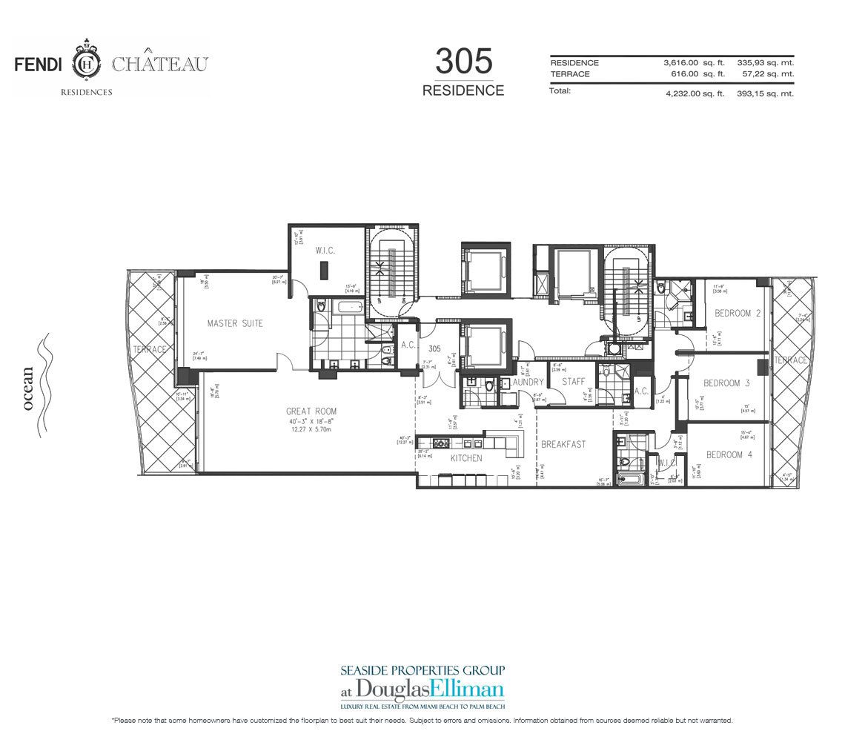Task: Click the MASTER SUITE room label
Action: [235, 323]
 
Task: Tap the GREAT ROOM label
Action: [311, 411]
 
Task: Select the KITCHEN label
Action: [467, 458]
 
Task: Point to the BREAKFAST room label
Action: [563, 444]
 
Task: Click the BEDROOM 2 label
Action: [738, 314]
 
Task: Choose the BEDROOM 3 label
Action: [722, 383]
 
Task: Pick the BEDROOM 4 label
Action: [729, 454]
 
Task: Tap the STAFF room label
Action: [573, 382]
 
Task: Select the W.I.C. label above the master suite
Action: [325, 251]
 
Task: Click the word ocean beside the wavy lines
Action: [29, 388]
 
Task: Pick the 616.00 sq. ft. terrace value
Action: [697, 74]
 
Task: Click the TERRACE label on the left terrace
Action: [150, 348]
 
